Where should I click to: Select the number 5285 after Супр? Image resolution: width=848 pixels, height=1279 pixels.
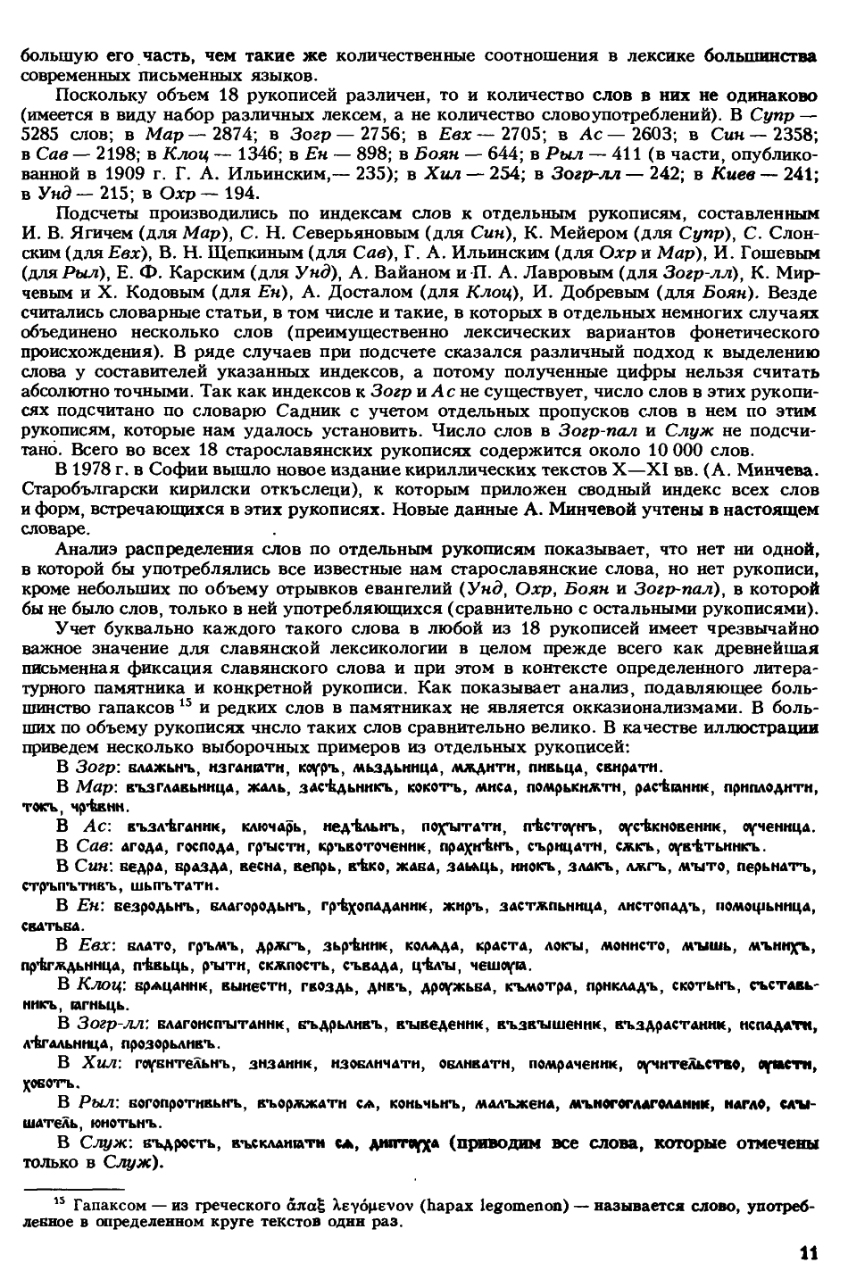(x=38, y=134)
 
